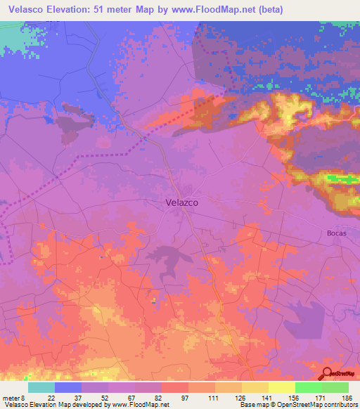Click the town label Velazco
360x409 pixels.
[181, 202]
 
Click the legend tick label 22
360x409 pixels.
[51, 397]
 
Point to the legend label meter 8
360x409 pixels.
[13, 397]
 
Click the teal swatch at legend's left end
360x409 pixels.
[41, 387]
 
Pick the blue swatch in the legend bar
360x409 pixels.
[67, 387]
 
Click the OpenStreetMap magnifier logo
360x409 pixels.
[328, 373]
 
